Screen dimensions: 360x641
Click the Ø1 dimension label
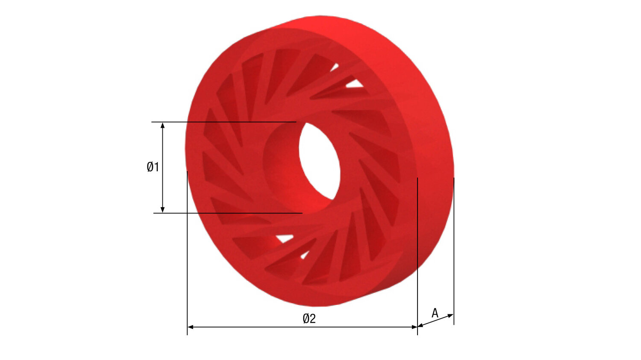[153, 167]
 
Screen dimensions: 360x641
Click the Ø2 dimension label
[309, 319]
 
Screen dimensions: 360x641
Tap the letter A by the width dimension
[435, 313]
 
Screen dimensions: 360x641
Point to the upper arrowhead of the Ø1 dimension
[163, 125]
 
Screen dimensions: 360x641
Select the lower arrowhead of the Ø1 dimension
[163, 209]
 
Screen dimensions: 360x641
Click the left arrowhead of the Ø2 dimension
[191, 327]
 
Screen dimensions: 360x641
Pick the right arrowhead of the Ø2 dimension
[414, 327]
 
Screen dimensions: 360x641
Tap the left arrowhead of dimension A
[420, 326]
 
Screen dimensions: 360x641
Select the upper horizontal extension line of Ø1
[222, 122]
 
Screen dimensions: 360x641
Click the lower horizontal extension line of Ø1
[226, 213]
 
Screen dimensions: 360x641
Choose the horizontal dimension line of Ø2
[256, 327]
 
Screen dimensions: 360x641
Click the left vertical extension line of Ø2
[187, 256]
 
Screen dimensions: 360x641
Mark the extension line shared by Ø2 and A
[418, 256]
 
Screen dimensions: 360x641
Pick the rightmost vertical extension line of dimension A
[454, 256]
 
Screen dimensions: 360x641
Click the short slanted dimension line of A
[435, 321]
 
